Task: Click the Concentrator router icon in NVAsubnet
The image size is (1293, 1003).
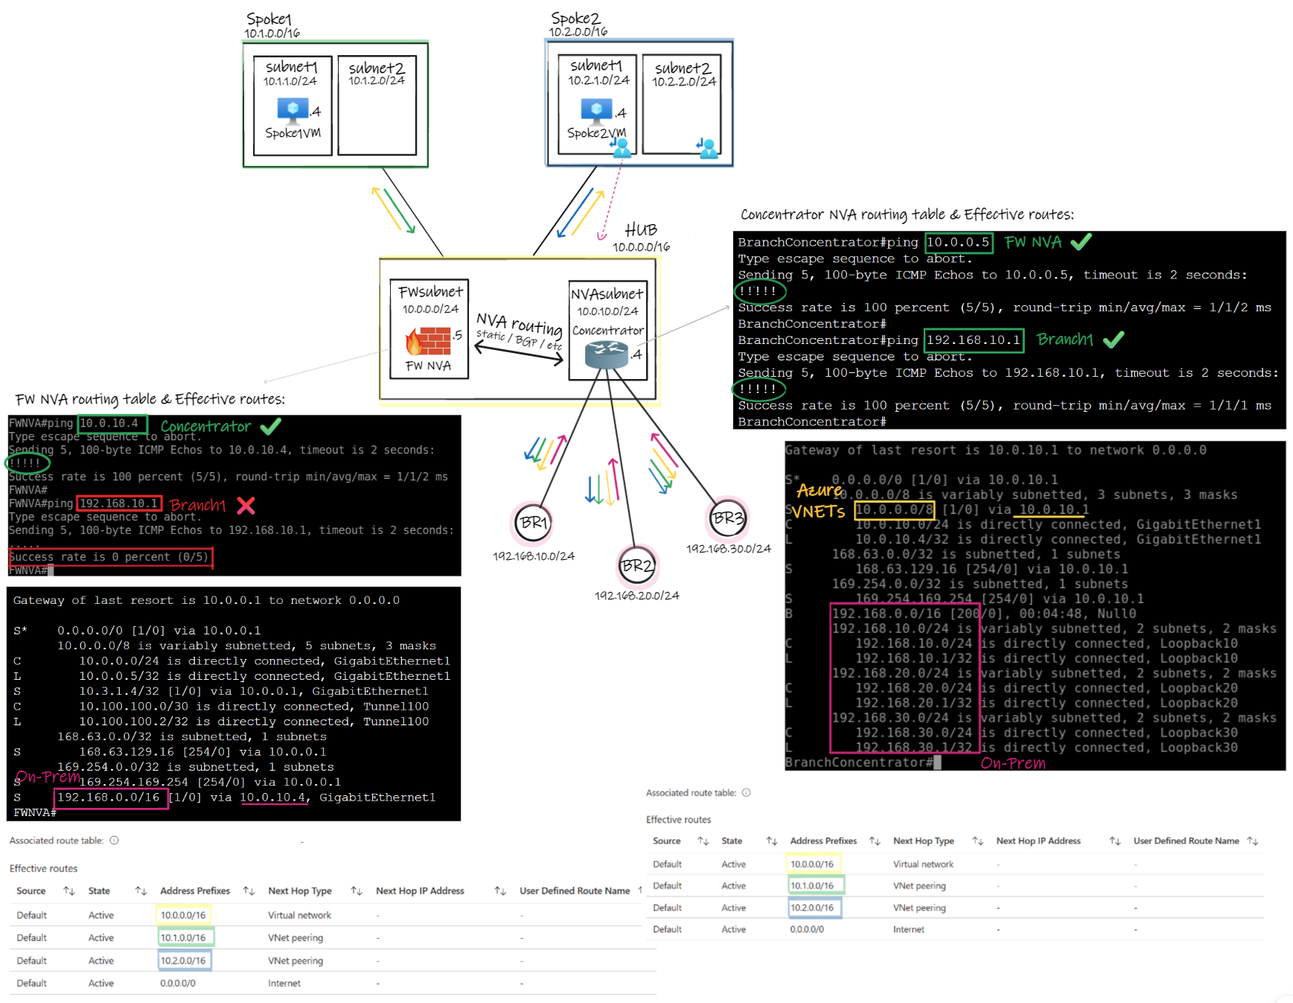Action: click(x=606, y=354)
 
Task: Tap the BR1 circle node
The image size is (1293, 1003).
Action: click(x=533, y=523)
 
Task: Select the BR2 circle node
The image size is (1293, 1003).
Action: click(x=637, y=566)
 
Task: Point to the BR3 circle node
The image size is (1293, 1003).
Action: click(x=727, y=518)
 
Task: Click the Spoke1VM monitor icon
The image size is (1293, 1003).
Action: click(x=293, y=109)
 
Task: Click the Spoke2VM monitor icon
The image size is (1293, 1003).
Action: click(x=596, y=110)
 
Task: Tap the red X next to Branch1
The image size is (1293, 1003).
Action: click(x=246, y=506)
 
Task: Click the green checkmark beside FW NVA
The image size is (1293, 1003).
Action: click(x=1081, y=242)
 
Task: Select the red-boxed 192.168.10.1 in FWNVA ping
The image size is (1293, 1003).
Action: click(x=119, y=503)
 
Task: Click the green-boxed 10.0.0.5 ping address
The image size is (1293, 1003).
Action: click(x=958, y=243)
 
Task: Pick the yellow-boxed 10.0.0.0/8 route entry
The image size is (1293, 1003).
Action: click(x=894, y=509)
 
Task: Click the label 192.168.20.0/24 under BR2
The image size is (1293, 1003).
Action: click(x=636, y=596)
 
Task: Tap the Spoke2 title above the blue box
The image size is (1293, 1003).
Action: click(x=575, y=18)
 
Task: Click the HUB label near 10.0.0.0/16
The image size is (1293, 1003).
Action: click(x=640, y=229)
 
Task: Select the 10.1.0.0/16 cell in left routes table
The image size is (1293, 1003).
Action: click(x=184, y=937)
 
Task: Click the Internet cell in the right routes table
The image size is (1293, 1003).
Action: click(x=908, y=929)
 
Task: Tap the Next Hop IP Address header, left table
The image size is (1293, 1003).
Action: click(x=420, y=891)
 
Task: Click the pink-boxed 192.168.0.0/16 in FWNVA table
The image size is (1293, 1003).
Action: click(x=109, y=797)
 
